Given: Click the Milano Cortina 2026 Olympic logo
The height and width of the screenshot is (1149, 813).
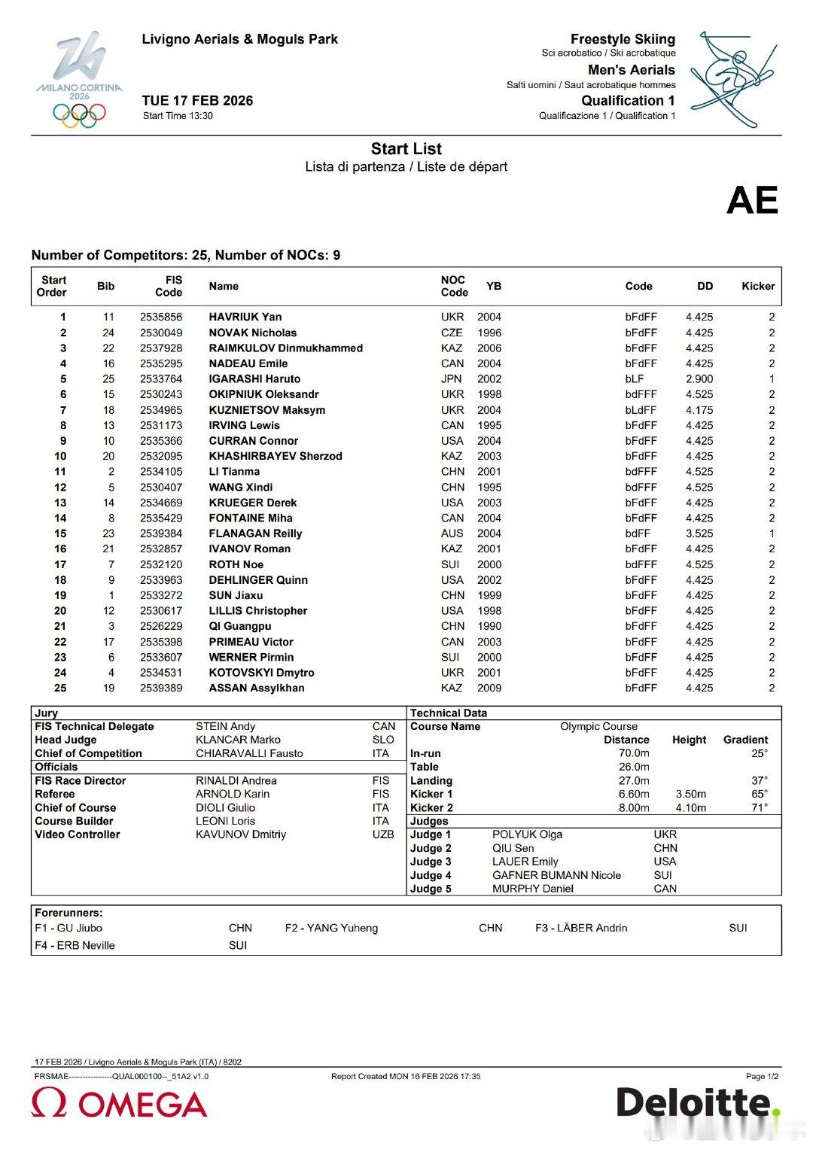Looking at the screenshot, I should (x=79, y=80).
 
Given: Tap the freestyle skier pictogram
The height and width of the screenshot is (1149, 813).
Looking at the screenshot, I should (x=732, y=78).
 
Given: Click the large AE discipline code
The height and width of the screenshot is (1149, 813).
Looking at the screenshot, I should (x=751, y=200).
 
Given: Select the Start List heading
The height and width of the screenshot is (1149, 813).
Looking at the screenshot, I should (x=406, y=149).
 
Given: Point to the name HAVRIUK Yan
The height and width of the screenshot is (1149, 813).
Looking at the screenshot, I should (x=245, y=317).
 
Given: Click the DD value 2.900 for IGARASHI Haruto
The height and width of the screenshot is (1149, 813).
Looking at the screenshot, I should (x=699, y=378).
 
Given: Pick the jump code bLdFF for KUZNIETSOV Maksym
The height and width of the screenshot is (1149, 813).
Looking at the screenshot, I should (x=640, y=410).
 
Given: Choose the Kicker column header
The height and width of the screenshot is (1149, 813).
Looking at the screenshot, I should (x=757, y=286).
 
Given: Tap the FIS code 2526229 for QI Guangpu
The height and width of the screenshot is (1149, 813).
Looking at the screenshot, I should (x=161, y=626).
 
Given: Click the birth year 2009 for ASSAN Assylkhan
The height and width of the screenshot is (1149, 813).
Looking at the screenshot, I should (x=489, y=688).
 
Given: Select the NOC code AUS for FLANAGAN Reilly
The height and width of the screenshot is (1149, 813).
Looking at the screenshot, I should (x=452, y=533).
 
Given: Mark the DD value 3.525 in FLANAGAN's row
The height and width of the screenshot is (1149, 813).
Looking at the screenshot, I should (x=699, y=533).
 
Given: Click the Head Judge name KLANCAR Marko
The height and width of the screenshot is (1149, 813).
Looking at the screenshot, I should (x=238, y=740).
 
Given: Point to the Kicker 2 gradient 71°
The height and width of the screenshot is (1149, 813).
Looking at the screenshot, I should (x=759, y=807).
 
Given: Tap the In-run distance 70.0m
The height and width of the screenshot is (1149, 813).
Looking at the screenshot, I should (x=633, y=753).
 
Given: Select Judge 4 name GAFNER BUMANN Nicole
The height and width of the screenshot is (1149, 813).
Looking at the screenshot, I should (x=556, y=875).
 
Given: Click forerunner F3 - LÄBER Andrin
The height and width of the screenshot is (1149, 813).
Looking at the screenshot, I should (x=580, y=928).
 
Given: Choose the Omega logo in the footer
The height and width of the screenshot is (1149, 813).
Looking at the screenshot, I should (x=119, y=1104).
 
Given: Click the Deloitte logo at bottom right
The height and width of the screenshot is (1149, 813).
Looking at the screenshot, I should (x=697, y=1102).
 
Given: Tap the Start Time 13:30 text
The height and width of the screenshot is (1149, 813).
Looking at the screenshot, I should (x=178, y=116).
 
